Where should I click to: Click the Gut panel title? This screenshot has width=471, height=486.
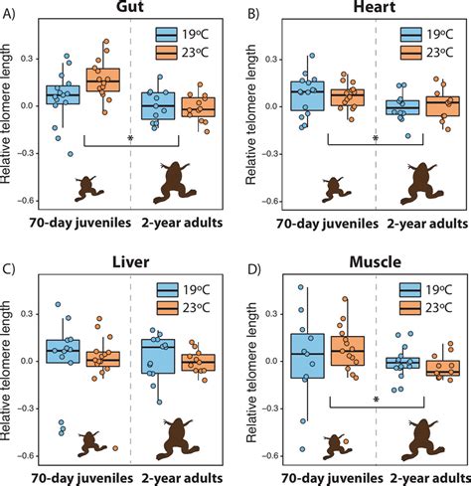point(131,9)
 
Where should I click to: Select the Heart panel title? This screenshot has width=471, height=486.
point(368,9)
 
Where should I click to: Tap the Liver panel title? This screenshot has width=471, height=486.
point(131,263)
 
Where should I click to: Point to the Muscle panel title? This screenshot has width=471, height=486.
point(368,263)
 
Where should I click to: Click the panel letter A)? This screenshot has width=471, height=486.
point(11,13)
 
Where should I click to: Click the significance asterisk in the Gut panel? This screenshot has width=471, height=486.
point(130,140)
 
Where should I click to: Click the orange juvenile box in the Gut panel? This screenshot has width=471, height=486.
point(102,80)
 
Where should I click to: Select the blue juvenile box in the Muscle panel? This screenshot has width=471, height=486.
point(306,356)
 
